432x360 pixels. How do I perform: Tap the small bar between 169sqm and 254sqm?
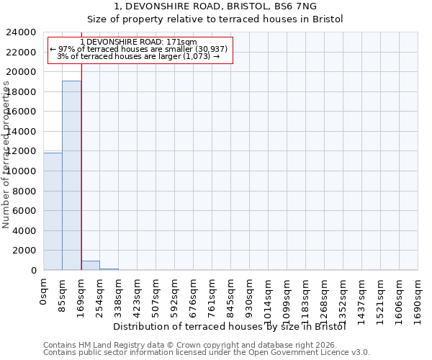point(90,266)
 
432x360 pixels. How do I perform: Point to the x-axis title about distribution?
point(230,326)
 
